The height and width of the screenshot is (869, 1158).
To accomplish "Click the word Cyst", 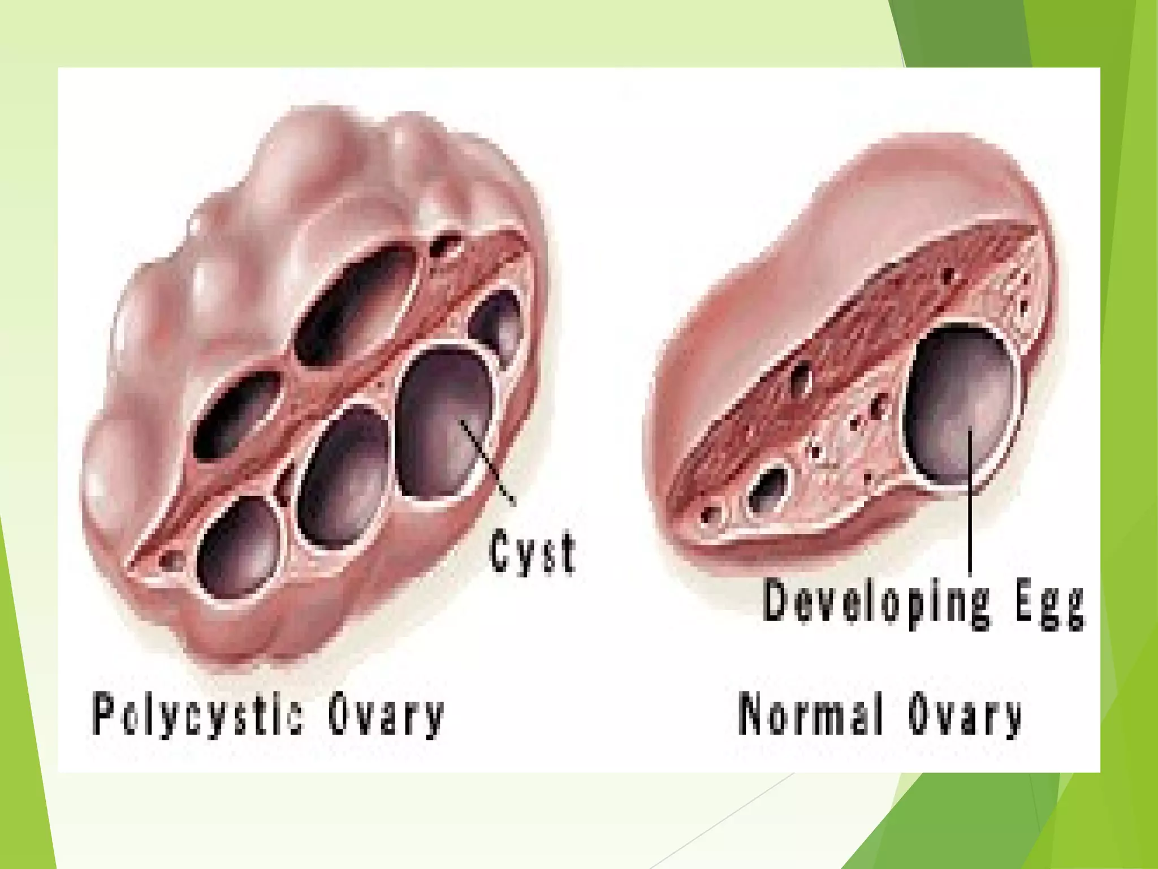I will click(532, 552).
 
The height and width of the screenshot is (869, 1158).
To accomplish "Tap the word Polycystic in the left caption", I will click(198, 716).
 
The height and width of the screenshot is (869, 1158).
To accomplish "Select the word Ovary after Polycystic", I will click(386, 716).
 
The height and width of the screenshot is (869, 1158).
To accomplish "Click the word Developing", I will click(876, 603).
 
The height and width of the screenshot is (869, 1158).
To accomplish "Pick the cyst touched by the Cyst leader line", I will click(444, 424).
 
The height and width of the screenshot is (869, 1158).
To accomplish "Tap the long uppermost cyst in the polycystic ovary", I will click(356, 303).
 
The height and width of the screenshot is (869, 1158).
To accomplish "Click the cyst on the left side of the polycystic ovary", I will click(237, 413).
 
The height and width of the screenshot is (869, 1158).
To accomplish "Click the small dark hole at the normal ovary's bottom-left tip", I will click(706, 515).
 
